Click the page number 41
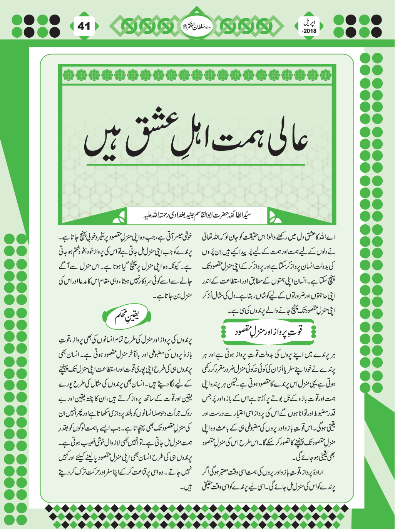tap(84, 26)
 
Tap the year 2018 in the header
tap(309, 31)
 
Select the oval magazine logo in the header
tap(197, 26)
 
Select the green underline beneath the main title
tap(196, 165)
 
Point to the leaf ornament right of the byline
tap(274, 218)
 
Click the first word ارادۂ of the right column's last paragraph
tap(330, 472)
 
